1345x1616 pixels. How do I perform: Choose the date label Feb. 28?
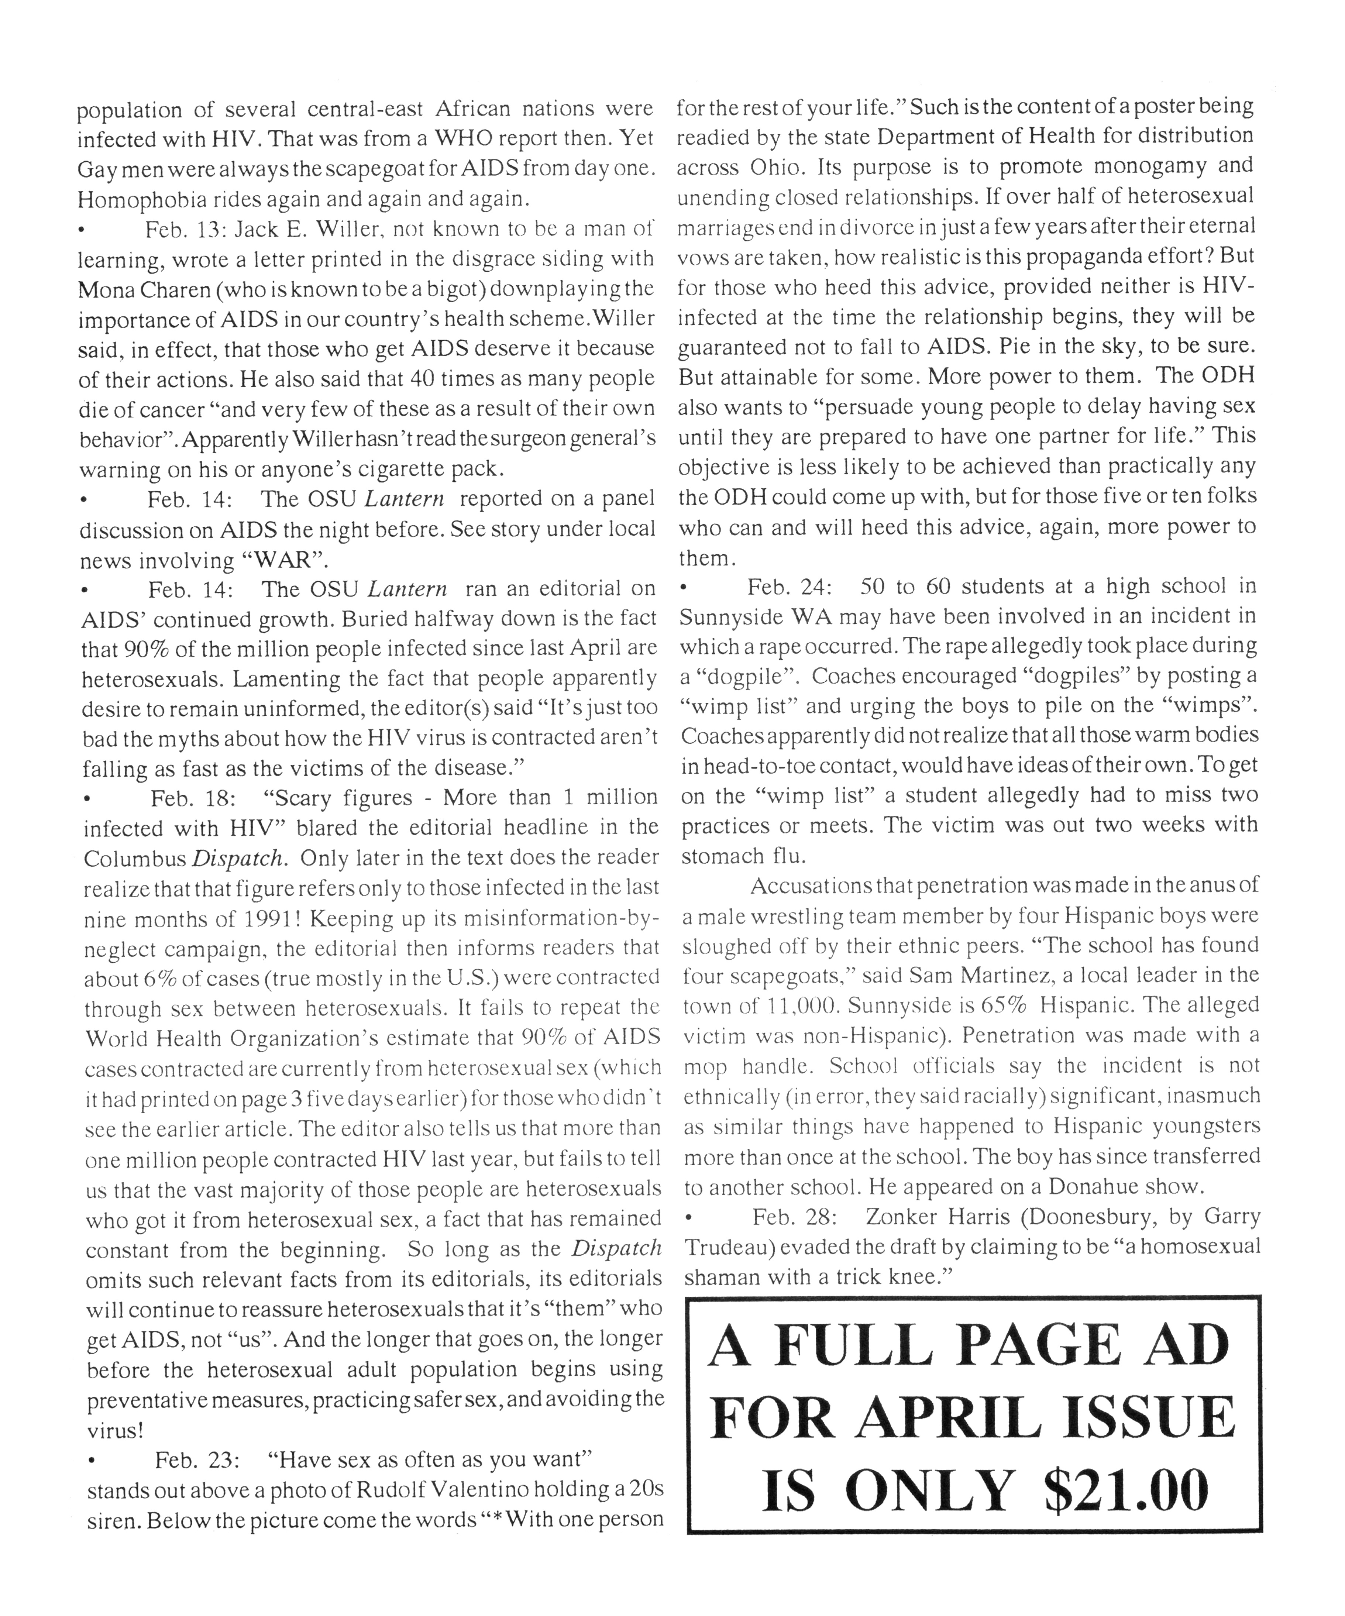click(x=795, y=1217)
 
